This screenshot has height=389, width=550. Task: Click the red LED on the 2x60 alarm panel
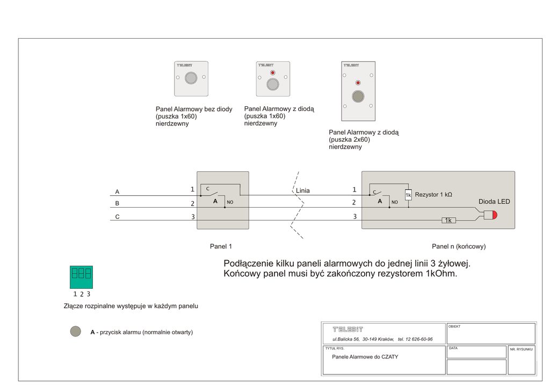[x=358, y=83]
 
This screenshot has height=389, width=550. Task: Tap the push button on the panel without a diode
[x=191, y=78]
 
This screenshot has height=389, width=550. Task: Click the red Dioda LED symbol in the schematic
[x=490, y=215]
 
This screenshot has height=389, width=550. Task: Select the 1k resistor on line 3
[x=448, y=221]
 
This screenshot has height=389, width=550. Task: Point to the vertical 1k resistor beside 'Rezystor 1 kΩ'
[x=408, y=195]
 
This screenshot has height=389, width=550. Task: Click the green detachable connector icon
[x=81, y=277]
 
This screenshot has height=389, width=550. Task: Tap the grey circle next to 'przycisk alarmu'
[x=76, y=332]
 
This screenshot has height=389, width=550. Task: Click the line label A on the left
[x=118, y=192]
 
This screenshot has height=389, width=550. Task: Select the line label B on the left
[x=118, y=204]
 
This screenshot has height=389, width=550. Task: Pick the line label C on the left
[x=118, y=217]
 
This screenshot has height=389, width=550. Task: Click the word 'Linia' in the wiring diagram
[x=303, y=190]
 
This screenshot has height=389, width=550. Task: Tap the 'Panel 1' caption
[x=221, y=247]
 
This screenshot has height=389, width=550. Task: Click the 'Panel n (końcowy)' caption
[x=459, y=247]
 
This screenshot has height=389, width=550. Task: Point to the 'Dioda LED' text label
[x=494, y=202]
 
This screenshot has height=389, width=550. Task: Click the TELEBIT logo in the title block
[x=348, y=329]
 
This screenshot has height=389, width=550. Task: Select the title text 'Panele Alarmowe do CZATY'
[x=365, y=357]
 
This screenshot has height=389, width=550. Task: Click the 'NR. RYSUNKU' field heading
[x=522, y=349]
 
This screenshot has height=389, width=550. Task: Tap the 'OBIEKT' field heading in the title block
[x=454, y=326]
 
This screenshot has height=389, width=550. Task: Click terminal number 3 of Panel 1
[x=192, y=217]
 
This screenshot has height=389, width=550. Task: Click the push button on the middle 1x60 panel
[x=273, y=84]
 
